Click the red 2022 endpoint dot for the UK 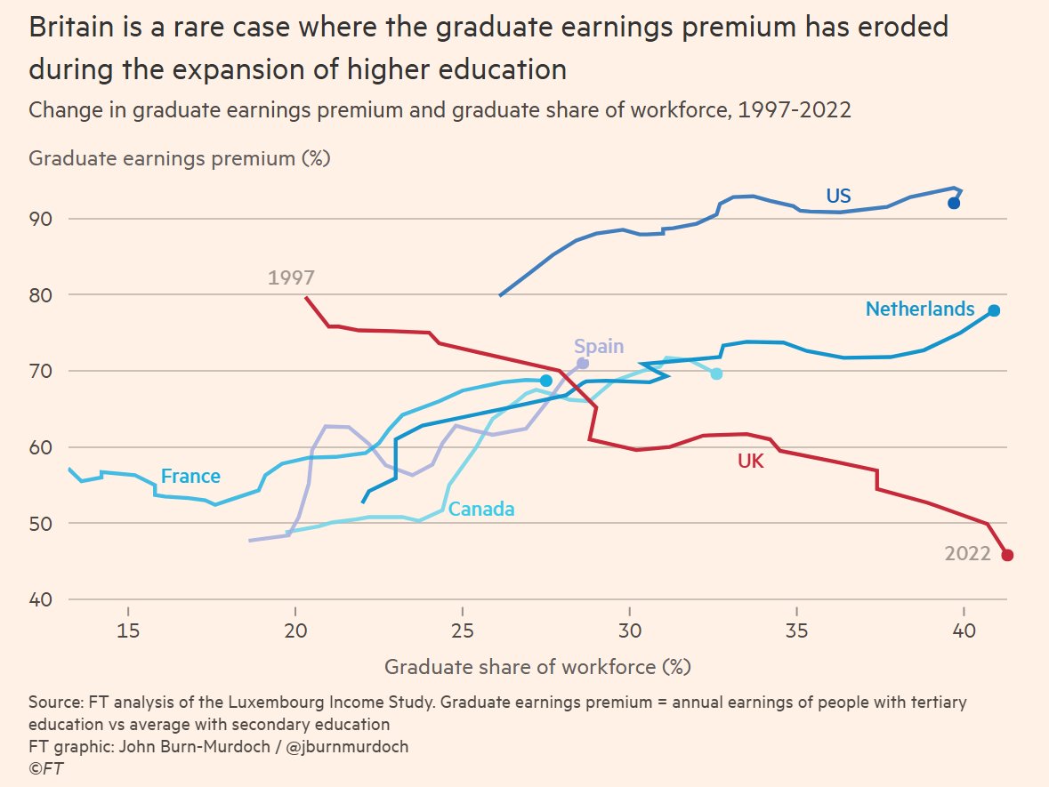coord(1007,555)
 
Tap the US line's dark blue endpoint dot coord(954,203)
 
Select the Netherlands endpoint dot coord(994,310)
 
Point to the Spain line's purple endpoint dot coord(583,364)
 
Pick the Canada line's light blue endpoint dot coord(716,373)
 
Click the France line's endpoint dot coord(546,381)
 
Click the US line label coord(838,197)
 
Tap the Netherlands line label coord(920,309)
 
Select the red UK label coord(750,461)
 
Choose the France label coord(190,477)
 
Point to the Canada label coord(481,510)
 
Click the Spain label coord(599,346)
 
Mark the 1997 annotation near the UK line coord(291,277)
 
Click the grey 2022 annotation coord(967,553)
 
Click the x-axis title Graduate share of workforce coord(537,666)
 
